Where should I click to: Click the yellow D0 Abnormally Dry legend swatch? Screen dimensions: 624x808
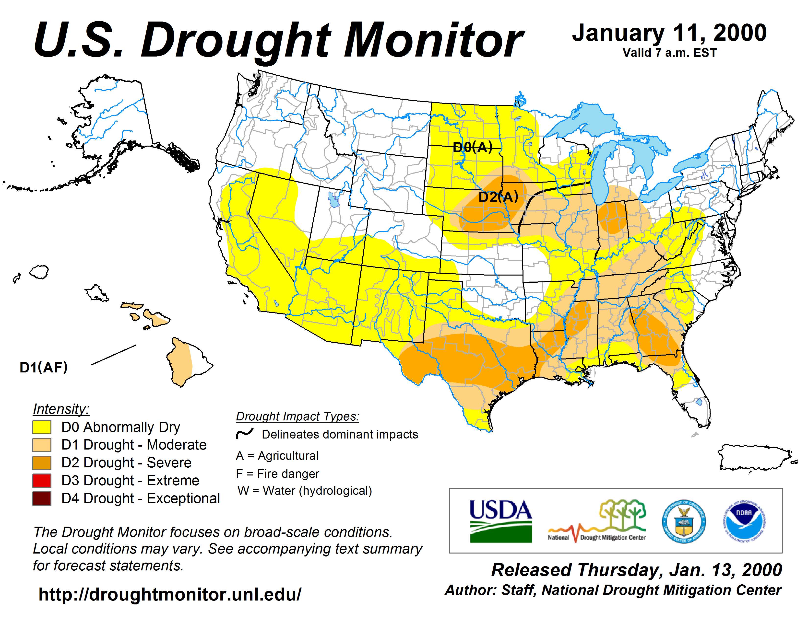[42, 427]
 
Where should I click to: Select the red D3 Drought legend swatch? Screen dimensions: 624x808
[42, 481]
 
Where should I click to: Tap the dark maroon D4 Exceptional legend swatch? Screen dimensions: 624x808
[42, 498]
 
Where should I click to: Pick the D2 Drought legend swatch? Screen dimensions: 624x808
[42, 462]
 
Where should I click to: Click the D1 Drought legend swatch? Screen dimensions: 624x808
[42, 445]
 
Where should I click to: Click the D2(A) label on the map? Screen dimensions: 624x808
[498, 197]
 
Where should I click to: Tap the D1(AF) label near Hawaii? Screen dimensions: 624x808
[44, 368]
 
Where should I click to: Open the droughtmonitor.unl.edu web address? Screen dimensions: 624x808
[170, 594]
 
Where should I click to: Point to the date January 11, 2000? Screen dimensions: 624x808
[669, 33]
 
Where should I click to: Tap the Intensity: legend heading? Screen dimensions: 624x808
[61, 409]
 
